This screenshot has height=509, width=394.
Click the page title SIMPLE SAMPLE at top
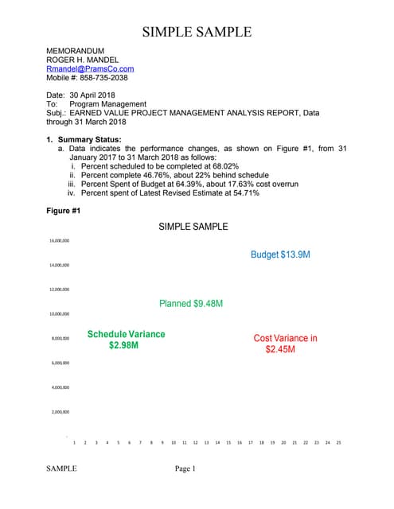(197, 33)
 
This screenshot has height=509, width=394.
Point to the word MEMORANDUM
(76, 51)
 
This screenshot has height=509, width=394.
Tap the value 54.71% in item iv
(244, 192)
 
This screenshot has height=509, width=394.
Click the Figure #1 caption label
(64, 211)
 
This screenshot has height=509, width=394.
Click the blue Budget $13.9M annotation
(280, 254)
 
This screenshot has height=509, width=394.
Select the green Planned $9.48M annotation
(191, 304)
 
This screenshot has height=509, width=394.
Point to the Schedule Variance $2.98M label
(126, 340)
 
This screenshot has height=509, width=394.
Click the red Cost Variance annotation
(285, 344)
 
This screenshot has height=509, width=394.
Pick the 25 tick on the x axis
(338, 442)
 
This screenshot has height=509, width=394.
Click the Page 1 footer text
(185, 469)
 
